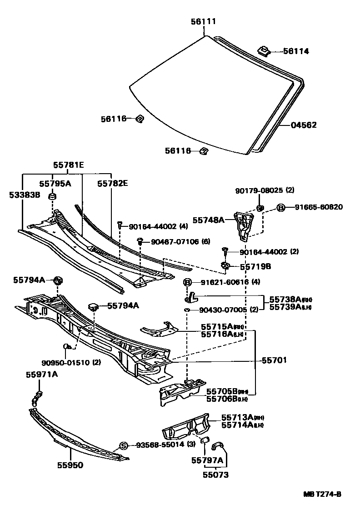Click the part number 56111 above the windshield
[203, 21]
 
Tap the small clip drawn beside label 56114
[264, 50]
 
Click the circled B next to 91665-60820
[281, 207]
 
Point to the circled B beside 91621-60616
[187, 282]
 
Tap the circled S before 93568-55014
[122, 445]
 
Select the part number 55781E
[68, 166]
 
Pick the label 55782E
[112, 184]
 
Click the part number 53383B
[24, 195]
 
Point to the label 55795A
[55, 184]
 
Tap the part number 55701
[274, 360]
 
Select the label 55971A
[42, 375]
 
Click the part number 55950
[70, 465]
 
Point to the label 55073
[216, 475]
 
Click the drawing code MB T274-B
[322, 495]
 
